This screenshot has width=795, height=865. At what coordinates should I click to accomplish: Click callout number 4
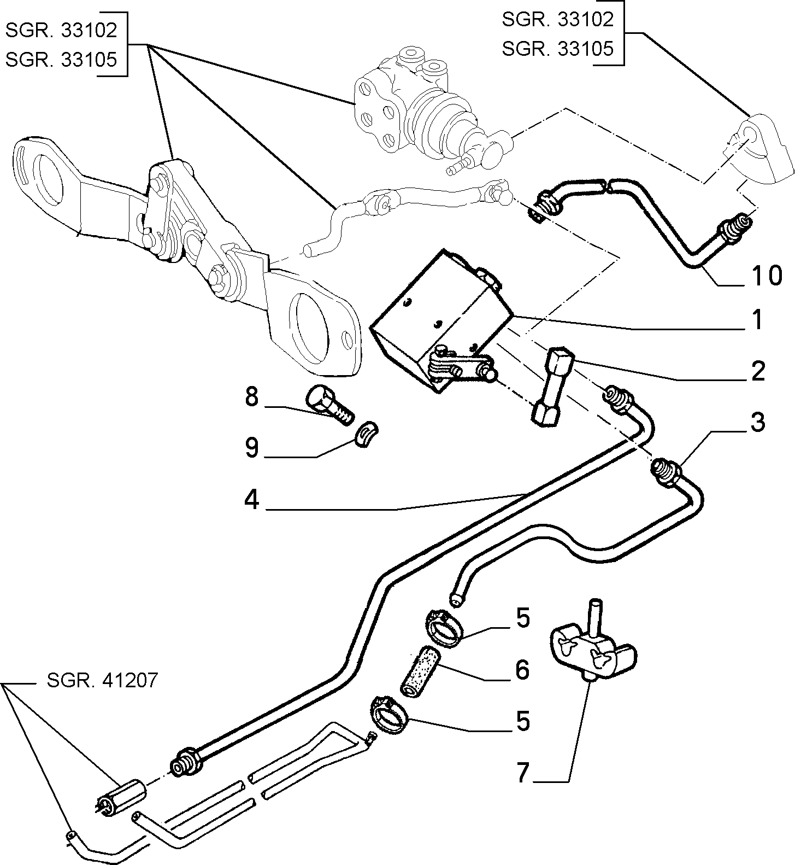[x=252, y=500]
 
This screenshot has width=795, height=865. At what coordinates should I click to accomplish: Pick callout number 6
[x=522, y=670]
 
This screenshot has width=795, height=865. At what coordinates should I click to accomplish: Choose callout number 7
[x=522, y=773]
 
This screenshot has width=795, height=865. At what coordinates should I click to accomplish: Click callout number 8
[x=252, y=397]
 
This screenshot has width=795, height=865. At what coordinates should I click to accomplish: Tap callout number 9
[x=252, y=448]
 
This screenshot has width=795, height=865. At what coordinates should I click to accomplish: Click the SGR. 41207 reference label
[x=102, y=680]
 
